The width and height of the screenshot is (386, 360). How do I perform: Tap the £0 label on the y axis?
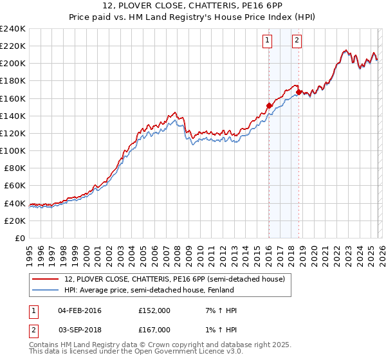click(x=20, y=238)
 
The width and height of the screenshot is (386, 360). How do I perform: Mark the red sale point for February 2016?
click(x=269, y=105)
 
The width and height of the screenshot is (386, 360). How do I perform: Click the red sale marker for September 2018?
click(x=299, y=92)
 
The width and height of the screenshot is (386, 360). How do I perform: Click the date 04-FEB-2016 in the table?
click(x=79, y=310)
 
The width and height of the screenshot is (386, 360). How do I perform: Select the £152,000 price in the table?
click(x=154, y=310)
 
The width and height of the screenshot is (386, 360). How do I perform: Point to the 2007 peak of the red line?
click(x=175, y=113)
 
